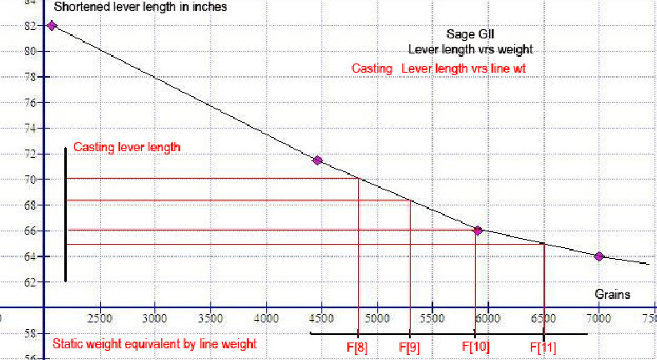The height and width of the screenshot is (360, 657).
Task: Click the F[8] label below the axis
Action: (358, 347)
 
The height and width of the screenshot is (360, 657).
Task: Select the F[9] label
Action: (409, 347)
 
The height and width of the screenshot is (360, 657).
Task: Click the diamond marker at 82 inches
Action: (52, 26)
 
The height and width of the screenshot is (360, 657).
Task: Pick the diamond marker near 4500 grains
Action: (317, 160)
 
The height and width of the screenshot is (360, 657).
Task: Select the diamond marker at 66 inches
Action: (478, 231)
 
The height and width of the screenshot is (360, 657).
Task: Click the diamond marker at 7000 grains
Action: (599, 256)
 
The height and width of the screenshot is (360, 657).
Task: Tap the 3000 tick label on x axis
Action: (154, 318)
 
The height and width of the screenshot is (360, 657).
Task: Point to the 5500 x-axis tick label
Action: (432, 318)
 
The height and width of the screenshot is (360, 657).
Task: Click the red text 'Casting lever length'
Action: (127, 147)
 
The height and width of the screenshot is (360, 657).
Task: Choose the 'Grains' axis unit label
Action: (612, 295)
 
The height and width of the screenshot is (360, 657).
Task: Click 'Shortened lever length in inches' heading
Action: (139, 8)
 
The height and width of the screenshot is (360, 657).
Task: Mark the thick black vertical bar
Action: (65, 215)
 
